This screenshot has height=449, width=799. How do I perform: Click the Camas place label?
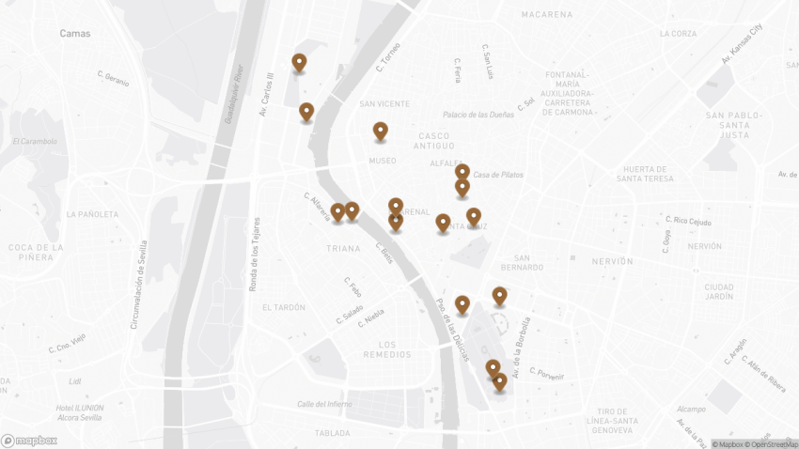click(74, 33)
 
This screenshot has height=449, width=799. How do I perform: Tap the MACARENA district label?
click(547, 15)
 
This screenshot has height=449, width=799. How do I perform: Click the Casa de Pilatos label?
click(498, 175)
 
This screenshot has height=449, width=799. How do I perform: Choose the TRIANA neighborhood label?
click(342, 249)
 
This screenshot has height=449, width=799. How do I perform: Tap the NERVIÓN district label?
click(613, 261)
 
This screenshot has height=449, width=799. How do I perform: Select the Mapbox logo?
click(29, 440)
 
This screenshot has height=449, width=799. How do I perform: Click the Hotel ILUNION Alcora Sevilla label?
click(79, 412)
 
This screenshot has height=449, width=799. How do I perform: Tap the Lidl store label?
click(75, 381)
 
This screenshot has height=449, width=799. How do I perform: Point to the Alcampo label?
click(691, 409)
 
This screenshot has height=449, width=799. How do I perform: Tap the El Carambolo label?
click(35, 142)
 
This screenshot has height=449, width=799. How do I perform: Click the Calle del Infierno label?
click(324, 404)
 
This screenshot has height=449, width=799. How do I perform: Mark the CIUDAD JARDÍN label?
click(719, 292)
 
